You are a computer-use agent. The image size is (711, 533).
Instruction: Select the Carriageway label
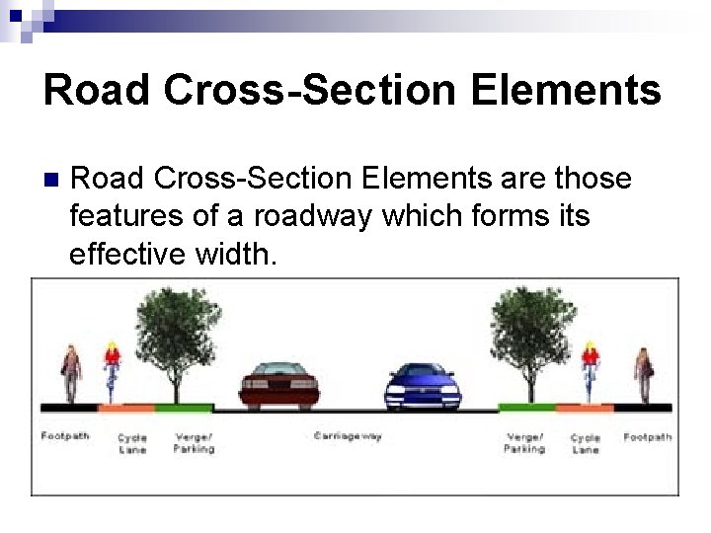pos(348,435)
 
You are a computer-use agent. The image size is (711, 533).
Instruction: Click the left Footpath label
pos(65,435)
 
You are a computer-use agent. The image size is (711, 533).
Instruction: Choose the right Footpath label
pos(648,436)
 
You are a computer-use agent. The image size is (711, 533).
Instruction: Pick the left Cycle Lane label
pos(132,443)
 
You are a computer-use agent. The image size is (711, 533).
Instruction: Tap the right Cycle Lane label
pos(586,443)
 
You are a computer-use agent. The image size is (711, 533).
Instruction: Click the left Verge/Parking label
pos(194,442)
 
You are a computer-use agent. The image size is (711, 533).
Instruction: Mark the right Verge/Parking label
pos(524,442)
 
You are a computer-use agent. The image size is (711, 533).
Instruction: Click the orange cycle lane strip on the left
pos(125,407)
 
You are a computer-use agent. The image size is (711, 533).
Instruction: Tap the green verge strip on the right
pos(526,407)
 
